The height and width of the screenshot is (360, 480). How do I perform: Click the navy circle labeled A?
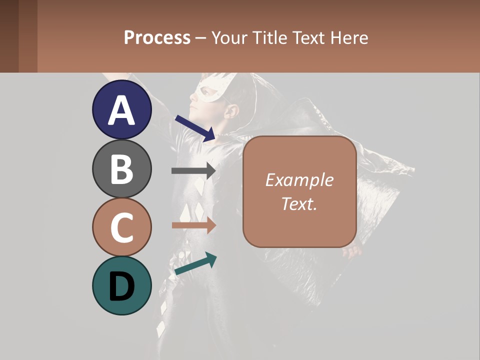122,110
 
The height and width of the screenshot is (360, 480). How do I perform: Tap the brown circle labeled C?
122,227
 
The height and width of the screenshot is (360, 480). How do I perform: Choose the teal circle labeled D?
122,285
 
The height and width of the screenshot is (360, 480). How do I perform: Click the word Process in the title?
157,37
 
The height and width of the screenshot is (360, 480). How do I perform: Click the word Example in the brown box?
299,180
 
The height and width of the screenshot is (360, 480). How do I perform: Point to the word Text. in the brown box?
299,203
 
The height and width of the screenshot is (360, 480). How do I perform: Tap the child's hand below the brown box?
353,251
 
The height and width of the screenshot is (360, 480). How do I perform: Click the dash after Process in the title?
201,38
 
